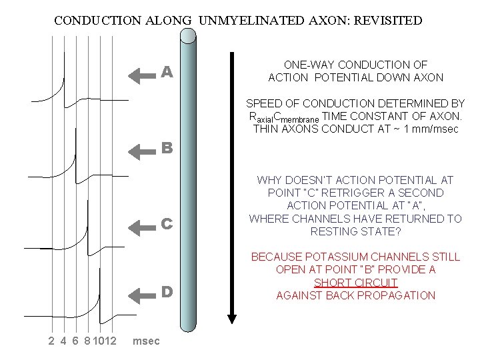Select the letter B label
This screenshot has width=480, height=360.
click(168, 149)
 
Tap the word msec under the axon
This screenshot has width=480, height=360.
click(147, 341)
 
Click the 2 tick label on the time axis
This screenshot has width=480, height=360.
click(51, 341)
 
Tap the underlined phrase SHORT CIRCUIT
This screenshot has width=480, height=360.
click(356, 283)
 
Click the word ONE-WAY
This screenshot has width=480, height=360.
click(309, 65)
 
